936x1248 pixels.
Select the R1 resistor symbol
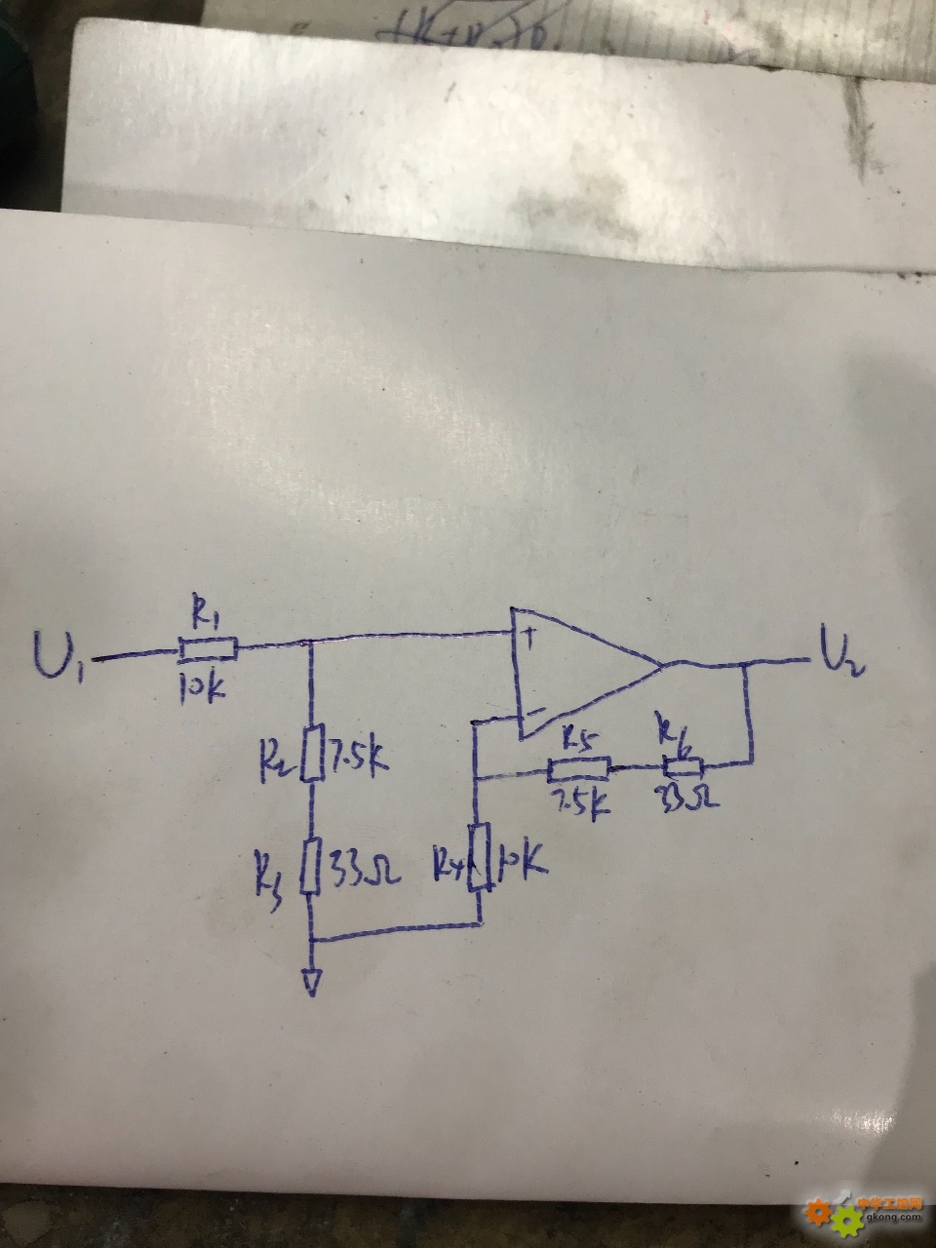coord(208,647)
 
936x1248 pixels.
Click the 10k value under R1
coord(203,686)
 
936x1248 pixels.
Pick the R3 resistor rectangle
coord(312,867)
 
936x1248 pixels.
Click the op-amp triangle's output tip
coord(664,668)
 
